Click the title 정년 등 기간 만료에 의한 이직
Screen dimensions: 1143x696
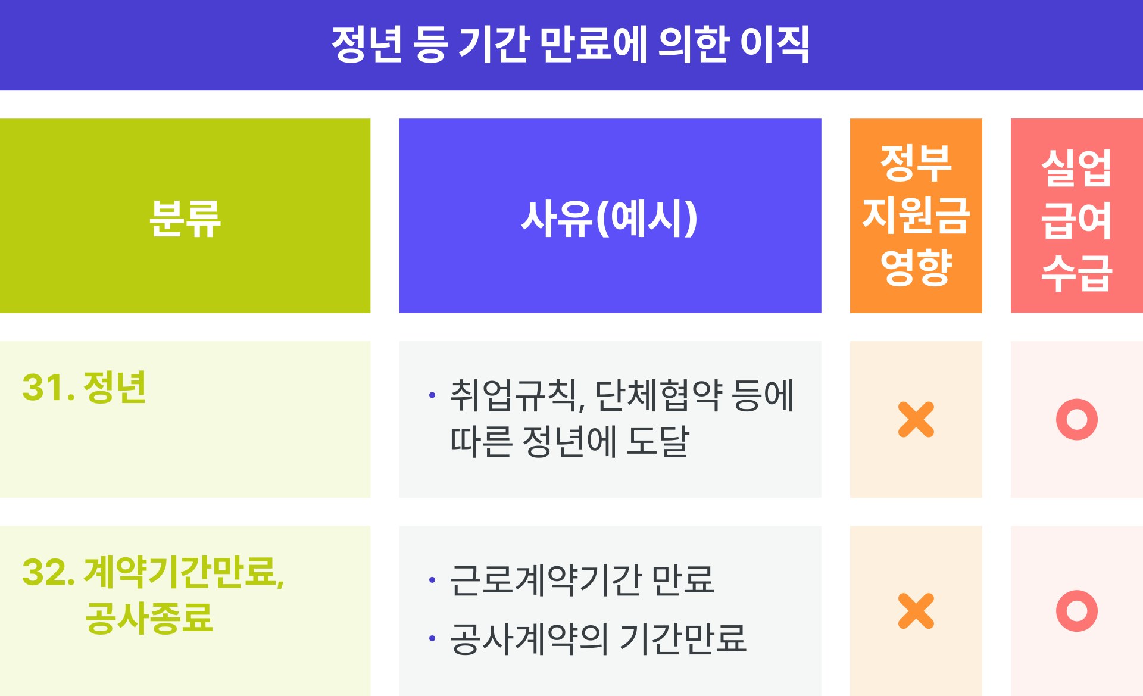[x=570, y=44]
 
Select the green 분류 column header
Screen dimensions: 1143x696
[x=185, y=216]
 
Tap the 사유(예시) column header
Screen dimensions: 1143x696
[x=610, y=216]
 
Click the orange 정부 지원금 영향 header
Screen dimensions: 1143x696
[x=916, y=216]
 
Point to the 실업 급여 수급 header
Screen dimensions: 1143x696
[x=1076, y=216]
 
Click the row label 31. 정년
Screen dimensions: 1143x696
[x=84, y=387]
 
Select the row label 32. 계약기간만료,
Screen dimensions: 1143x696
[x=154, y=572]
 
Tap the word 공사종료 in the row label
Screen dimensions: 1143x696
[x=149, y=617]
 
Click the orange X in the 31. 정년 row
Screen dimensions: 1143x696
[x=916, y=419]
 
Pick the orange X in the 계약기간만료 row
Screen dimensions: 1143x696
[x=916, y=610]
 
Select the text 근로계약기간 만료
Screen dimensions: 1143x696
[x=582, y=579]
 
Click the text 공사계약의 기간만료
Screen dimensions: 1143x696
[x=598, y=638]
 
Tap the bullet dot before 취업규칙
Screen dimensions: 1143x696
[x=432, y=395]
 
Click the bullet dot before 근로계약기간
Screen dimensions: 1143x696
[x=432, y=579]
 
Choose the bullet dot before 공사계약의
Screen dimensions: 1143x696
[x=432, y=638]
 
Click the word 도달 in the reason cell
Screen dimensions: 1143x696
[x=658, y=441]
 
